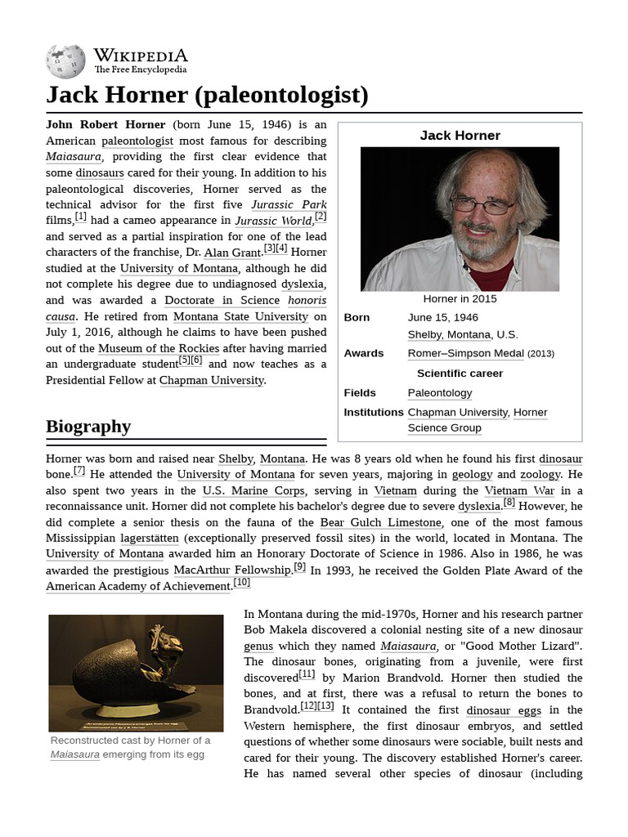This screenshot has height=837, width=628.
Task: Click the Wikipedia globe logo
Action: pos(65,61)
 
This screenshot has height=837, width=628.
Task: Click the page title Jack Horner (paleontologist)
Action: pos(207,96)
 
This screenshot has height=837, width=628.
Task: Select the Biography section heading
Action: pos(88,426)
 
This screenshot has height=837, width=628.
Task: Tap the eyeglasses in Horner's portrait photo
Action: pos(482,204)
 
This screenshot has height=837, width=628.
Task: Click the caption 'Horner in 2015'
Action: pos(460,299)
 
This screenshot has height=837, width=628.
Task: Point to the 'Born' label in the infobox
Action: pos(357,317)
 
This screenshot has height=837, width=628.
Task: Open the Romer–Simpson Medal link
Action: pos(465,353)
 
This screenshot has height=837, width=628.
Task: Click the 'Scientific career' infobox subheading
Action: pos(460,373)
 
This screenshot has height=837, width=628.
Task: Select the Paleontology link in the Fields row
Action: pos(440,393)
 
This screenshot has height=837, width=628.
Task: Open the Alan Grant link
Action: pos(228,253)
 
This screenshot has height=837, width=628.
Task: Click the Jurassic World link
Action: pos(273,221)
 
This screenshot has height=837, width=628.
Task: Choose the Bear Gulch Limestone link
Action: pos(380,522)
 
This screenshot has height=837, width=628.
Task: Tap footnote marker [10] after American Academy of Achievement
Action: pos(241,582)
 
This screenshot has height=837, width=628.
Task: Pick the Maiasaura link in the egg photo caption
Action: pos(75,754)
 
